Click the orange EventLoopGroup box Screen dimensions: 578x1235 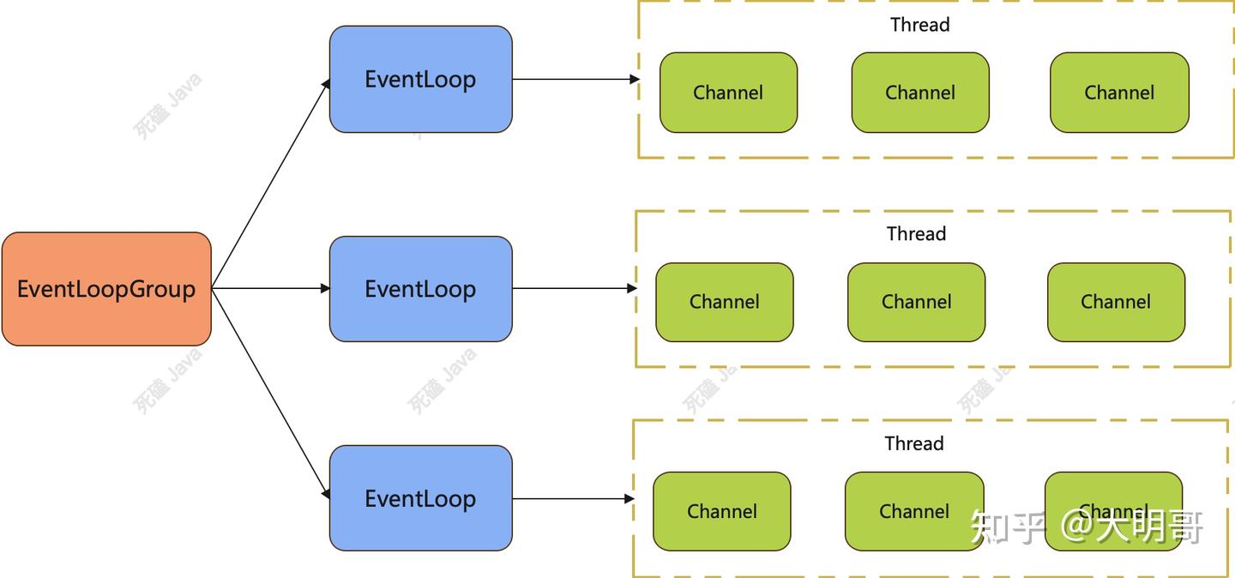pyautogui.click(x=106, y=289)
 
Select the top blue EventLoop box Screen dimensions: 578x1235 pyautogui.click(x=420, y=79)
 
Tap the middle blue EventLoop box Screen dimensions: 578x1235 pyautogui.click(x=420, y=289)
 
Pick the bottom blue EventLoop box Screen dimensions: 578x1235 pyautogui.click(x=420, y=498)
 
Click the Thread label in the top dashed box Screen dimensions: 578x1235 pyautogui.click(x=919, y=25)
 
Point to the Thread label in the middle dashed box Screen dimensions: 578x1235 pyautogui.click(x=916, y=234)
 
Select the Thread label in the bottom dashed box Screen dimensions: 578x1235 pyautogui.click(x=914, y=443)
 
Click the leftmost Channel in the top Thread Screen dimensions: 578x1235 pyautogui.click(x=728, y=93)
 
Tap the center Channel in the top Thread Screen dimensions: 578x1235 pyautogui.click(x=920, y=93)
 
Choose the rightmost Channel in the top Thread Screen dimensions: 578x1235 pyautogui.click(x=1119, y=93)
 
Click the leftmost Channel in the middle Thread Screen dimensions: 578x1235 pyautogui.click(x=725, y=302)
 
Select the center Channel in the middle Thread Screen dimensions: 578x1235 pyautogui.click(x=916, y=302)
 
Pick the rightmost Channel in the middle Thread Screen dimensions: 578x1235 pyautogui.click(x=1116, y=302)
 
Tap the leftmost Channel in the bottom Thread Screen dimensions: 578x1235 pyautogui.click(x=721, y=511)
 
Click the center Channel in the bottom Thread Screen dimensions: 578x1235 pyautogui.click(x=914, y=511)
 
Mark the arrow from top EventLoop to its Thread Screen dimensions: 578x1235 pyautogui.click(x=575, y=79)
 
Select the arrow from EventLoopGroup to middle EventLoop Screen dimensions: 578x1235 pyautogui.click(x=270, y=289)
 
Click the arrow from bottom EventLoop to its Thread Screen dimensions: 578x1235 pyautogui.click(x=572, y=498)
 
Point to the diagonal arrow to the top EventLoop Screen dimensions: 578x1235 pyautogui.click(x=270, y=184)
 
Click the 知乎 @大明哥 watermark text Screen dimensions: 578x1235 pyautogui.click(x=1087, y=526)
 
